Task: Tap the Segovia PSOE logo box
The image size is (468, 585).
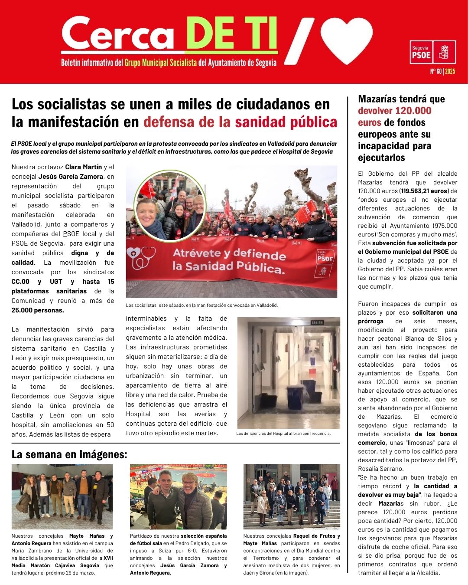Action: pyautogui.click(x=432, y=52)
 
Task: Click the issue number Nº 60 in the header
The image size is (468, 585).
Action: pyautogui.click(x=435, y=72)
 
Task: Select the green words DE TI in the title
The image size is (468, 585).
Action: pyautogui.click(x=231, y=34)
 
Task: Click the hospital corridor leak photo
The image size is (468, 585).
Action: pyautogui.click(x=289, y=373)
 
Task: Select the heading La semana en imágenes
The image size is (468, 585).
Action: pyautogui.click(x=69, y=454)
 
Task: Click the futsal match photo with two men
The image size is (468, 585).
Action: pyautogui.click(x=178, y=496)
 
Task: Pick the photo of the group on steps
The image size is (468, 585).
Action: pyautogui.click(x=291, y=496)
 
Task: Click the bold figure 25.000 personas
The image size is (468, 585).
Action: pyautogui.click(x=38, y=310)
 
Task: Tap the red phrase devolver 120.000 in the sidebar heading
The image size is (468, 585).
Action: pyautogui.click(x=395, y=111)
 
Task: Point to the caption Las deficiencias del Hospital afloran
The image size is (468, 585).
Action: pyautogui.click(x=283, y=433)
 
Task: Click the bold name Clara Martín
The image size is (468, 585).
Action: pyautogui.click(x=84, y=167)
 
